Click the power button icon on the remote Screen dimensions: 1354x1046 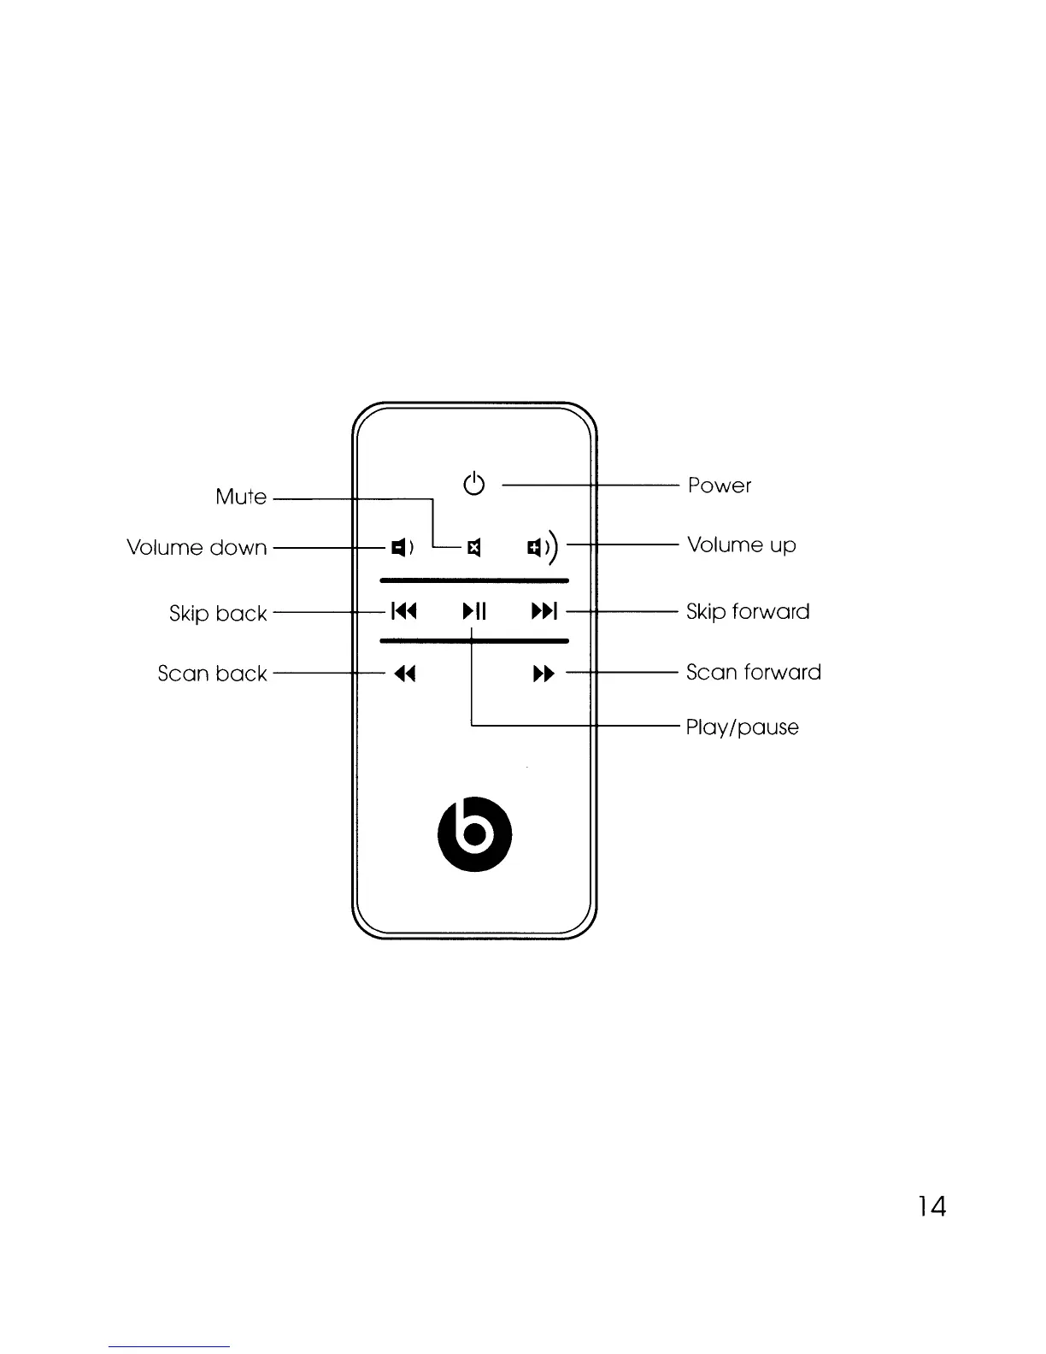[x=474, y=484]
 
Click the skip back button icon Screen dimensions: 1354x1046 [x=403, y=611]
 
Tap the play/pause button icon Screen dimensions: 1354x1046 [x=474, y=611]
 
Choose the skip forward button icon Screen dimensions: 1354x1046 [x=544, y=611]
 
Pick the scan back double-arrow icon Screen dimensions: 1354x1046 [x=405, y=674]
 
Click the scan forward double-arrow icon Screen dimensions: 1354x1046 [x=544, y=674]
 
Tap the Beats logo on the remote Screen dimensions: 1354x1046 [x=475, y=834]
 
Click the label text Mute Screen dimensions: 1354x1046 [x=241, y=497]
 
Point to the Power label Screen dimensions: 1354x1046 [x=720, y=486]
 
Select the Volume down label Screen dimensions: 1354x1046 [x=197, y=547]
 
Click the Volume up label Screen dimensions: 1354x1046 [x=742, y=545]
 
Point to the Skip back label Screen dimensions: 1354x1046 [x=218, y=614]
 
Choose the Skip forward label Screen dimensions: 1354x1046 [x=748, y=612]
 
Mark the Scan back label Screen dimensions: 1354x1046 [x=212, y=674]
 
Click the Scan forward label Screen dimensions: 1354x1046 [x=753, y=673]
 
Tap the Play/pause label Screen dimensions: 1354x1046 [x=743, y=727]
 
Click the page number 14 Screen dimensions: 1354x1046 [x=931, y=1206]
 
